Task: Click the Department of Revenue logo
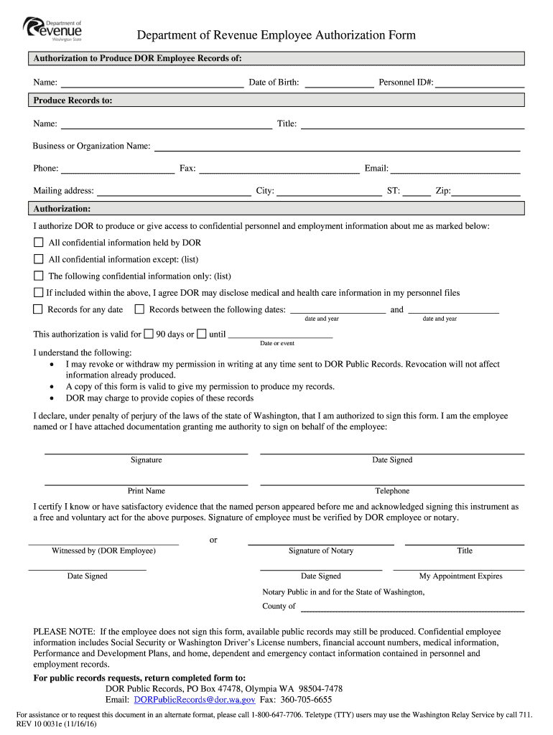coord(53,29)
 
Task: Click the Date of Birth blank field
coord(339,83)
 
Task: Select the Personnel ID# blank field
coord(479,83)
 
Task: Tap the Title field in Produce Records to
coord(412,125)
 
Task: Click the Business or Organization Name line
coord(337,147)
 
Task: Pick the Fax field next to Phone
coord(278,169)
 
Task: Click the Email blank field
coord(455,169)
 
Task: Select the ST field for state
coord(417,192)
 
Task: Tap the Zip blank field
coord(485,192)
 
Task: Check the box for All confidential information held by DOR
coord(39,243)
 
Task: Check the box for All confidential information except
coord(39,259)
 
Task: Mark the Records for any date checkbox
coord(39,309)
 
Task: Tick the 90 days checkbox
coord(149,334)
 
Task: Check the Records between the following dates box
coord(140,309)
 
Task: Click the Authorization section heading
coord(62,209)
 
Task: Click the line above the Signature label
coord(146,452)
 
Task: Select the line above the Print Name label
coord(146,483)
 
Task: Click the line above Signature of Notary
coord(320,543)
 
